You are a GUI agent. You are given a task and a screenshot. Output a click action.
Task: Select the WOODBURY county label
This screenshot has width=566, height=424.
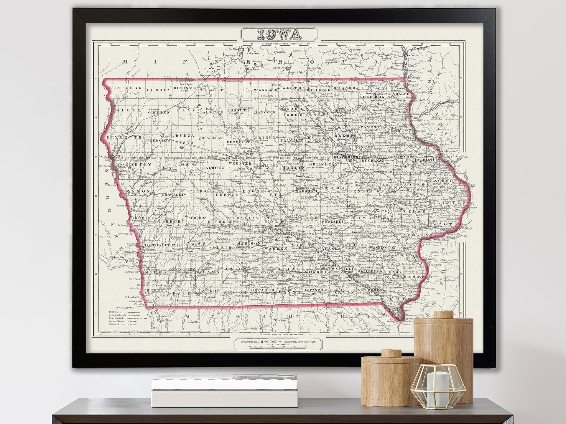[134, 164]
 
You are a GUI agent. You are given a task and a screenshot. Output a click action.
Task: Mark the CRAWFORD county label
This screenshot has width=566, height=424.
[173, 195]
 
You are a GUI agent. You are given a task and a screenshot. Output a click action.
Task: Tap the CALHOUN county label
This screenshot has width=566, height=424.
[214, 168]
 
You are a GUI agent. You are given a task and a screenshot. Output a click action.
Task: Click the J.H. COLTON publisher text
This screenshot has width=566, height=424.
[265, 342]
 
